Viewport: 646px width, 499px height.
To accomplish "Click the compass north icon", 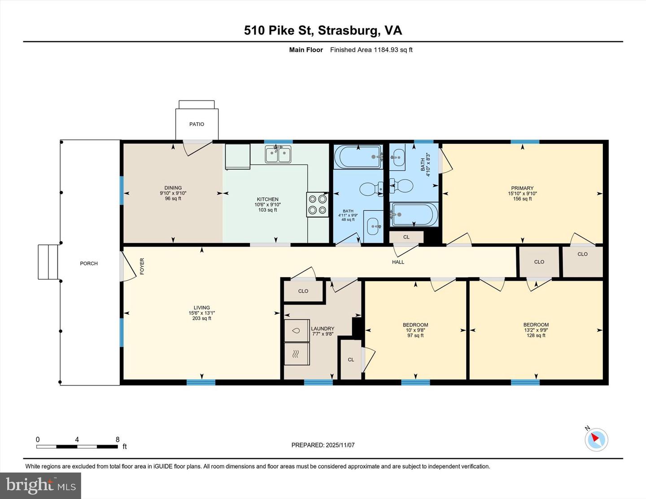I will [x=596, y=439].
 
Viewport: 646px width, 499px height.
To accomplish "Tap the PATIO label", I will [x=196, y=124].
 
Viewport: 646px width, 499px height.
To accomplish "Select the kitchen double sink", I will [x=278, y=155].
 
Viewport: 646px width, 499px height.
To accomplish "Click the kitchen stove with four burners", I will [x=318, y=204].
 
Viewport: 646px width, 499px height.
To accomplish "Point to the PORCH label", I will [x=89, y=264].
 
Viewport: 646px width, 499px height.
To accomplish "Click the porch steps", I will [x=48, y=262].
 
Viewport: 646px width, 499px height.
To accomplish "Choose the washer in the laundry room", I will [x=297, y=331].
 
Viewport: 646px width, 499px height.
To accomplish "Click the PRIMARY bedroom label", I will [x=522, y=188].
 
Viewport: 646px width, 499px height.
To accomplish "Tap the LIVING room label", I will [x=202, y=308].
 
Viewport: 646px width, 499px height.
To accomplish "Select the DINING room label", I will [x=173, y=188].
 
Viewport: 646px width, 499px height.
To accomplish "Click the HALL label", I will [x=398, y=262].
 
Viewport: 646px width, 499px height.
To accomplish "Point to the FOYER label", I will [x=142, y=266].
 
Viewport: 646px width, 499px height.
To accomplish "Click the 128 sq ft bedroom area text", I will [x=536, y=335].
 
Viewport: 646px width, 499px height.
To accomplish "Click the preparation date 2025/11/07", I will [x=340, y=445].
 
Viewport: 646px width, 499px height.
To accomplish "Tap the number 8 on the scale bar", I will [x=118, y=440].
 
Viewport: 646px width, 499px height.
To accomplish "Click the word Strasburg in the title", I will [x=348, y=30].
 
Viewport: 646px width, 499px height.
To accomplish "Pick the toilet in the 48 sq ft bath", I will [x=371, y=189].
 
